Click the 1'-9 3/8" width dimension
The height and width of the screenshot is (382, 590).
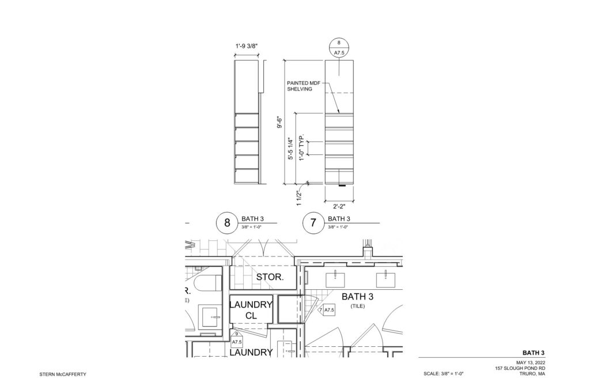[x=247, y=46]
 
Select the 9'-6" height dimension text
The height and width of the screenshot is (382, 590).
[x=279, y=123]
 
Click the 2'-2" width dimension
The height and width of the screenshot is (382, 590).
[x=339, y=206]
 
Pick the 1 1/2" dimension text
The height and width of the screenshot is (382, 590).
[x=299, y=198]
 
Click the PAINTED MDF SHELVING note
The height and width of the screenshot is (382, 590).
[x=303, y=86]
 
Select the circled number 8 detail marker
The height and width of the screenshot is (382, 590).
[x=227, y=223]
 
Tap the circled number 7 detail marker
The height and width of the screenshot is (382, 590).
[x=313, y=223]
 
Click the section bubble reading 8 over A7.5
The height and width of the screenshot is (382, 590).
[x=339, y=48]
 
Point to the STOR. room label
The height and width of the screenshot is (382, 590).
[x=270, y=277]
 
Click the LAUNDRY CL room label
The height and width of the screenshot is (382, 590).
[x=251, y=310]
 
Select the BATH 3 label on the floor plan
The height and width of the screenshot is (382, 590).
[x=357, y=297]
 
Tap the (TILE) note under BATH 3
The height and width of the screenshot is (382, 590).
[x=357, y=306]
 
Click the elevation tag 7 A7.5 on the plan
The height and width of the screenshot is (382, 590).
[x=327, y=310]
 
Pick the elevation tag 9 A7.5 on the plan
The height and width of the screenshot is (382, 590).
[x=236, y=338]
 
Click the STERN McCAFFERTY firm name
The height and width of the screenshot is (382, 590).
[x=63, y=375]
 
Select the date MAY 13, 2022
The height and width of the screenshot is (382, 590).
[x=531, y=363]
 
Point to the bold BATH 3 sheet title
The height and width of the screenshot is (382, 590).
[x=534, y=353]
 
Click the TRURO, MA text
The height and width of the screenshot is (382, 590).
[x=532, y=374]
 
